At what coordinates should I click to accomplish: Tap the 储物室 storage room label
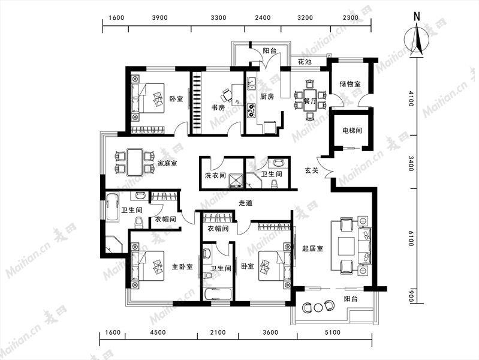click(350, 84)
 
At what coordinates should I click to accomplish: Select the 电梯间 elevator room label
click(352, 131)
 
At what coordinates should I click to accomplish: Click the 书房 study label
click(218, 107)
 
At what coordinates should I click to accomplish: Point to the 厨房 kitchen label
click(267, 97)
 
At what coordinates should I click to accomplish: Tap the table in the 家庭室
click(135, 163)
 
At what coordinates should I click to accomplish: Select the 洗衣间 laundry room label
click(215, 176)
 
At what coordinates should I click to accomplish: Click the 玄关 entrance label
click(312, 170)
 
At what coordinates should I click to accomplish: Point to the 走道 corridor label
click(246, 203)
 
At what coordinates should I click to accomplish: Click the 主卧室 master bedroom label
click(182, 267)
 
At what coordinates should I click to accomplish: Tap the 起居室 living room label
click(312, 248)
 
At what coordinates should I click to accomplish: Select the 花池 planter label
click(305, 61)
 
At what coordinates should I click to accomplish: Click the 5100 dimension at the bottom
click(332, 332)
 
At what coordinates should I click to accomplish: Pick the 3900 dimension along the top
click(160, 17)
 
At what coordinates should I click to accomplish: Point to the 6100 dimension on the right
click(411, 238)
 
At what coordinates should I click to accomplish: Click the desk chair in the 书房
click(227, 95)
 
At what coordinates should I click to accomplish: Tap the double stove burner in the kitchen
click(251, 111)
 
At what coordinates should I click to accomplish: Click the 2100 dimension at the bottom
click(218, 332)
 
